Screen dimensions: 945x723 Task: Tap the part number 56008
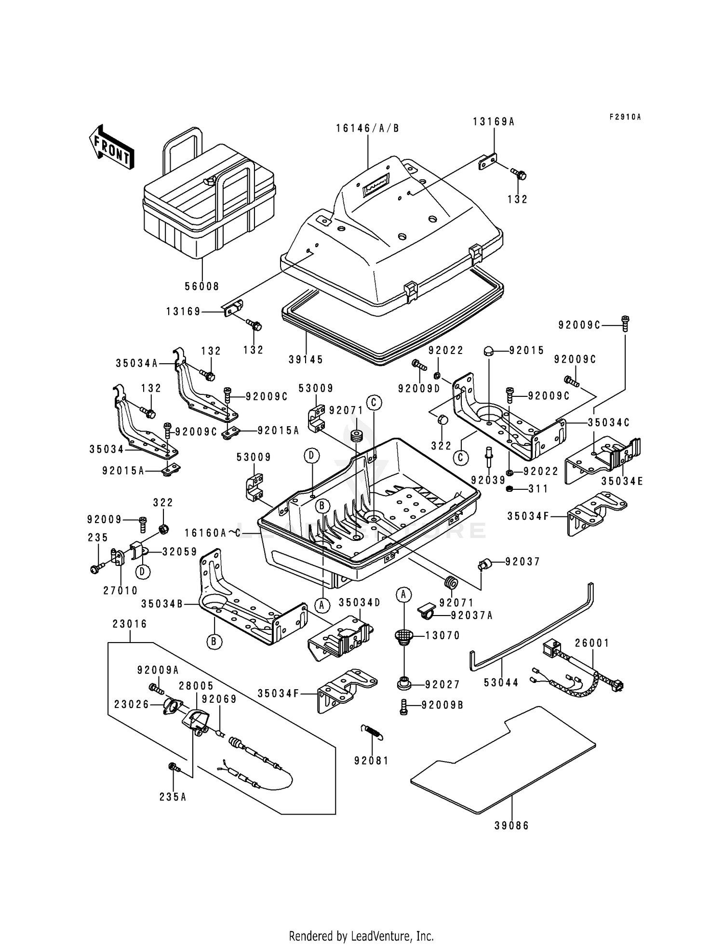click(x=201, y=286)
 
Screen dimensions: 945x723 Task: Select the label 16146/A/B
click(x=367, y=128)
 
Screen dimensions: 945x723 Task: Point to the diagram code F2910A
click(x=625, y=117)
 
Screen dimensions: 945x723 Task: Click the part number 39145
click(x=306, y=359)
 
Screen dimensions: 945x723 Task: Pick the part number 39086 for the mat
click(x=511, y=826)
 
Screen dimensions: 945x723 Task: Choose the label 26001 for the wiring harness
click(x=592, y=643)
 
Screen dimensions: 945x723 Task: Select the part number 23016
click(x=130, y=624)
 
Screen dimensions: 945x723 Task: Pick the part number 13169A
click(x=494, y=122)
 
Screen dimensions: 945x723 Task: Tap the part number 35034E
click(x=622, y=481)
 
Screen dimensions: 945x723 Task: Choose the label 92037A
click(x=472, y=615)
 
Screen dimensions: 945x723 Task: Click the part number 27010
click(x=120, y=590)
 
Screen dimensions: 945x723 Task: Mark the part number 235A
click(x=173, y=797)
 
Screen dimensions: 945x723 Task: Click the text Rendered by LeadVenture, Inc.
click(x=361, y=936)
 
